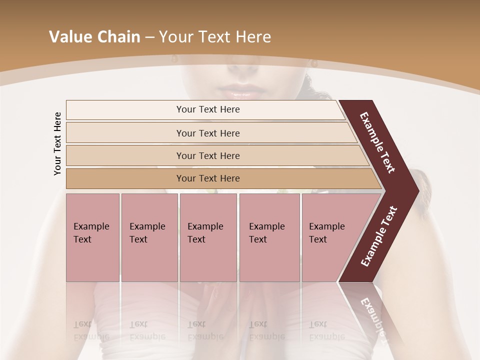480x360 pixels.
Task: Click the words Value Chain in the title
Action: pos(94,37)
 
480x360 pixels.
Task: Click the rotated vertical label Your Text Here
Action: pos(57,143)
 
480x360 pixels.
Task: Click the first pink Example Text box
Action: pos(92,237)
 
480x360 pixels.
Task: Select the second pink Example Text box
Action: pos(149,237)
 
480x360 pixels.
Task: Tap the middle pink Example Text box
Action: pos(208,237)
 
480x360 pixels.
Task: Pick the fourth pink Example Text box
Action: pos(269,237)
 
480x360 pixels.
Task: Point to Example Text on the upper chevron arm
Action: pos(378,143)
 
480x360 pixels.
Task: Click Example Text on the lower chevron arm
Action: pos(378,236)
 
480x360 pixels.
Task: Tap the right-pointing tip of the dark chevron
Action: pos(414,190)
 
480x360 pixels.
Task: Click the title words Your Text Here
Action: pos(214,37)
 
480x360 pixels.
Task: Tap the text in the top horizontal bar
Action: pos(208,109)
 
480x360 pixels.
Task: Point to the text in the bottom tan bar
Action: pos(208,178)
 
